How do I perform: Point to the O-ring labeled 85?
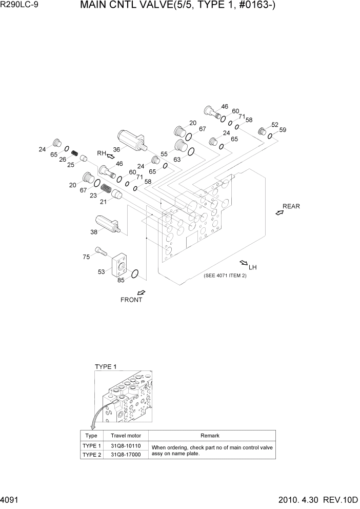point(135,275)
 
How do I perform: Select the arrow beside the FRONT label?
point(141,292)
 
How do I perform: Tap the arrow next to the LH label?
point(244,263)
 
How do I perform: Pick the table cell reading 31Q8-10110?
point(126,446)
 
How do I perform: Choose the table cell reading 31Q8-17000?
point(126,455)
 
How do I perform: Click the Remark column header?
point(210,436)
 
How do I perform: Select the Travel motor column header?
point(126,436)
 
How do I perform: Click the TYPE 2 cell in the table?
point(92,455)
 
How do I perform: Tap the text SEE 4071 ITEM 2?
point(225,276)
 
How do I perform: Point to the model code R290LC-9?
point(20,7)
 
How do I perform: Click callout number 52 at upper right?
point(275,125)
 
